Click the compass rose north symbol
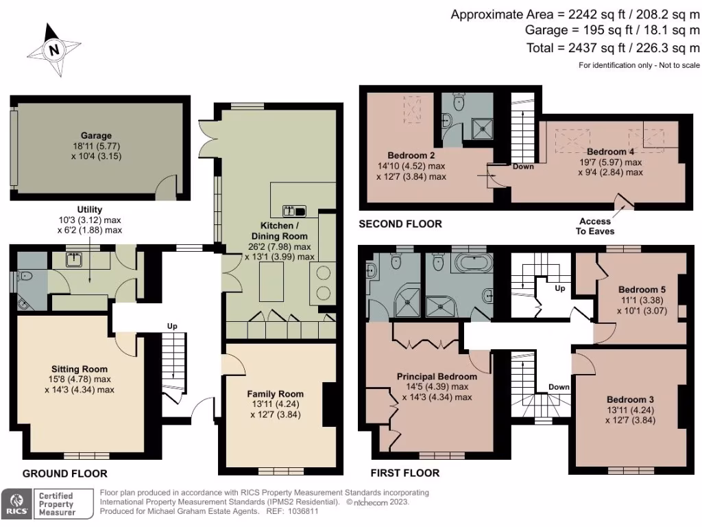coord(53,49)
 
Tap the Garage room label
coord(95,136)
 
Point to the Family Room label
coord(275,394)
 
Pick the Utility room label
coord(90,209)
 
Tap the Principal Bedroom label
coord(437,376)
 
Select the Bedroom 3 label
coord(631,399)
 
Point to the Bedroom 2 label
coord(411,154)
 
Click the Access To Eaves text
coord(595,226)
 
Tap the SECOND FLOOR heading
coord(400,224)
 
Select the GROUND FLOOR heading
coord(65,473)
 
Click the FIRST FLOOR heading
coord(405,473)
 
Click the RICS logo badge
coord(16,504)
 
